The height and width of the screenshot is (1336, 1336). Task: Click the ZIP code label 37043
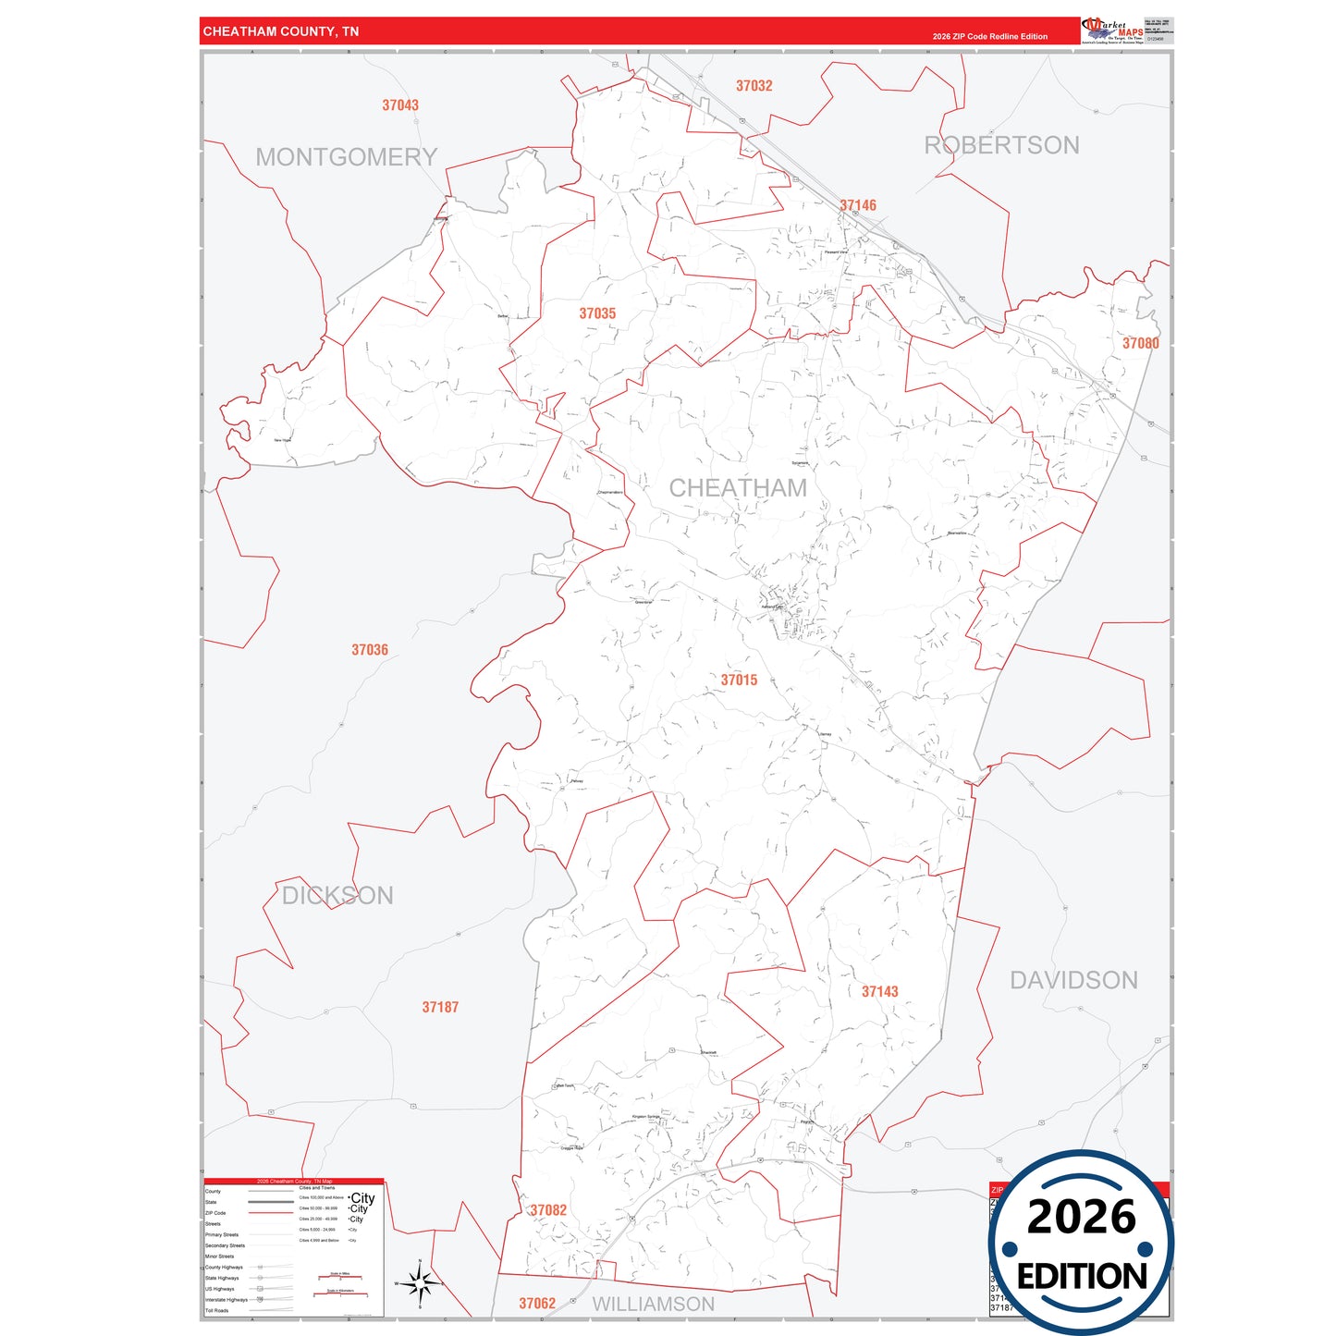pyautogui.click(x=400, y=105)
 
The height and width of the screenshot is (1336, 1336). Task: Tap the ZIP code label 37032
pyautogui.click(x=754, y=86)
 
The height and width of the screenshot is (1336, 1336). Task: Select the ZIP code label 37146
pyautogui.click(x=858, y=205)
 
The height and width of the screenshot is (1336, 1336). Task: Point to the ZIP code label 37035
pyautogui.click(x=597, y=313)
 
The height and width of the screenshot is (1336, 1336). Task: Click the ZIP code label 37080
pyautogui.click(x=1140, y=343)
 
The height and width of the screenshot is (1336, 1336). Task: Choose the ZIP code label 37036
pyautogui.click(x=370, y=650)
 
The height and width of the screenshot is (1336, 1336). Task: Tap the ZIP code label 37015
pyautogui.click(x=739, y=680)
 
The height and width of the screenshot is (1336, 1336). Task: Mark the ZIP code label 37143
pyautogui.click(x=879, y=991)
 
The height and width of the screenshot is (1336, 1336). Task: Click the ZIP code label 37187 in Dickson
pyautogui.click(x=440, y=1007)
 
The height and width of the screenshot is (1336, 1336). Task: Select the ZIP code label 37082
pyautogui.click(x=548, y=1209)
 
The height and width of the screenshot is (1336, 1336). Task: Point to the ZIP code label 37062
pyautogui.click(x=537, y=1304)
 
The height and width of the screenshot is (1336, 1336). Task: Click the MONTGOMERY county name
pyautogui.click(x=347, y=157)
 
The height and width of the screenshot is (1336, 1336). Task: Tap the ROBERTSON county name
pyautogui.click(x=1002, y=145)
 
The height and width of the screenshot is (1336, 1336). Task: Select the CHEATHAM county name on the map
pyautogui.click(x=738, y=487)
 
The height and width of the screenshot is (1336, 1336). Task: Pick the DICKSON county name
pyautogui.click(x=337, y=895)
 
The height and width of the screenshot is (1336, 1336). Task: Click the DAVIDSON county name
pyautogui.click(x=1073, y=980)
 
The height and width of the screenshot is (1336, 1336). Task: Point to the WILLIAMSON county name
pyautogui.click(x=654, y=1304)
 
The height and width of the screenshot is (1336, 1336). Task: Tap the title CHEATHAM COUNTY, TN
pyautogui.click(x=281, y=31)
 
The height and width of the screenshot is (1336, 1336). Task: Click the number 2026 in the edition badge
pyautogui.click(x=1081, y=1217)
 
